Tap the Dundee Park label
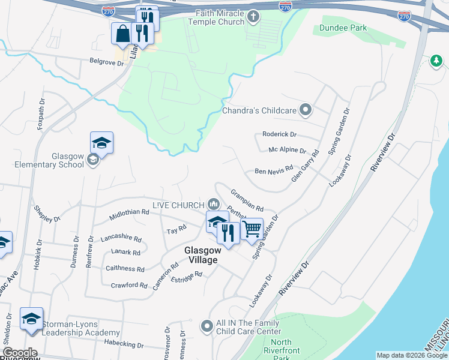(x=343, y=28)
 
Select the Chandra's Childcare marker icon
(x=306, y=110)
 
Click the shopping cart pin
(x=252, y=229)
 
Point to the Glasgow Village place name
(x=200, y=255)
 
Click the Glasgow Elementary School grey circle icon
(x=93, y=160)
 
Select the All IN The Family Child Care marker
(x=207, y=326)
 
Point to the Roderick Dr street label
(x=280, y=134)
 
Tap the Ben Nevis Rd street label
(x=274, y=171)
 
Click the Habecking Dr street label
(x=124, y=345)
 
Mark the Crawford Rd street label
(x=129, y=285)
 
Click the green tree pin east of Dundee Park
(x=436, y=61)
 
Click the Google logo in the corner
(x=20, y=353)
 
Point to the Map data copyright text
(x=412, y=355)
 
